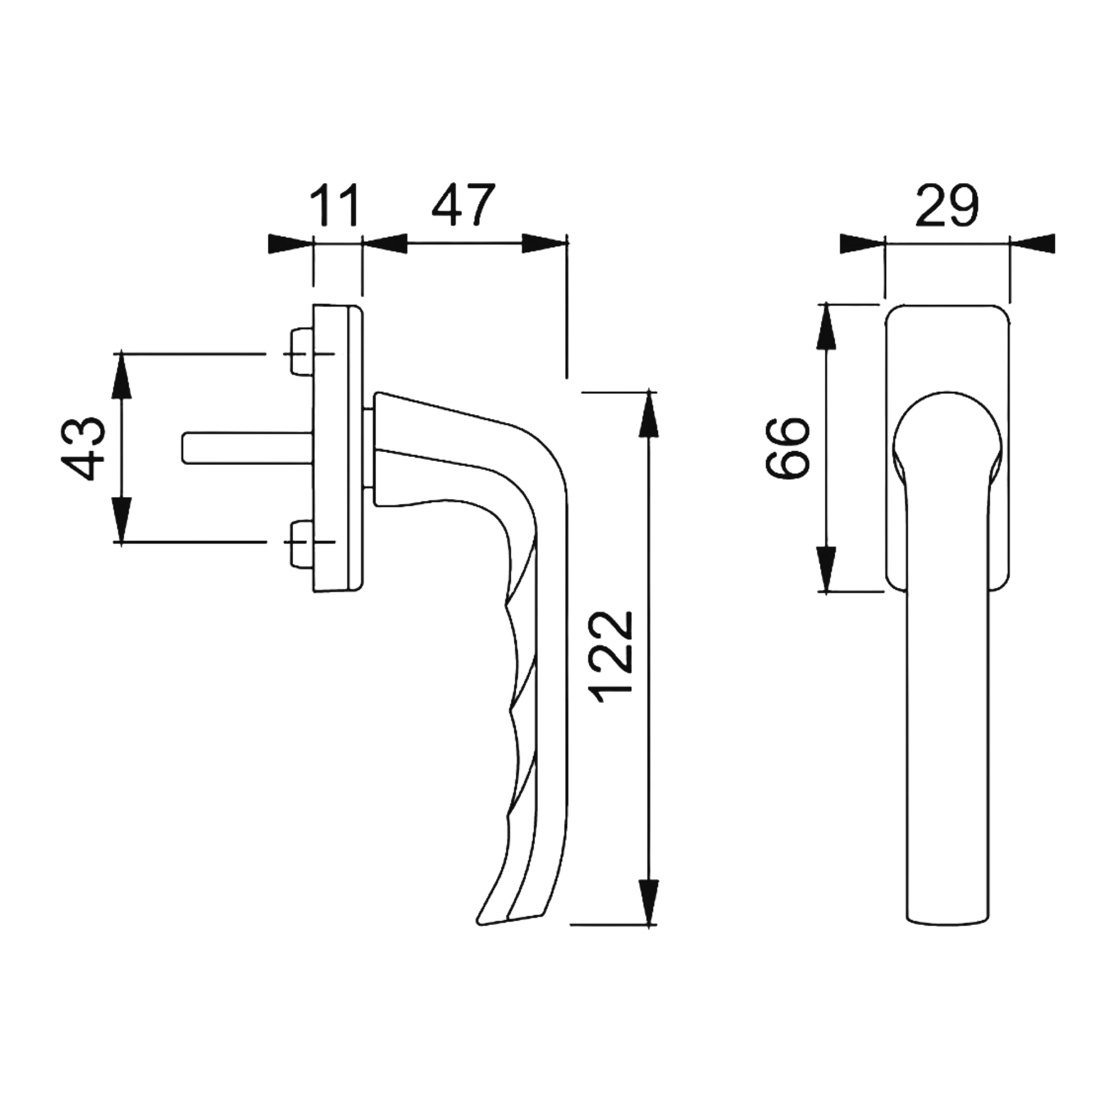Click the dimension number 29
pos(947,205)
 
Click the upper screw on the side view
pos(301,352)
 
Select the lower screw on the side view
pos(301,542)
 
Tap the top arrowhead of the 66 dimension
pos(827,326)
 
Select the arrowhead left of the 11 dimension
pos(291,243)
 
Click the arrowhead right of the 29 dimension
pos(1032,243)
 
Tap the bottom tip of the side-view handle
pos(480,942)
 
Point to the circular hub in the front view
pos(947,442)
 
